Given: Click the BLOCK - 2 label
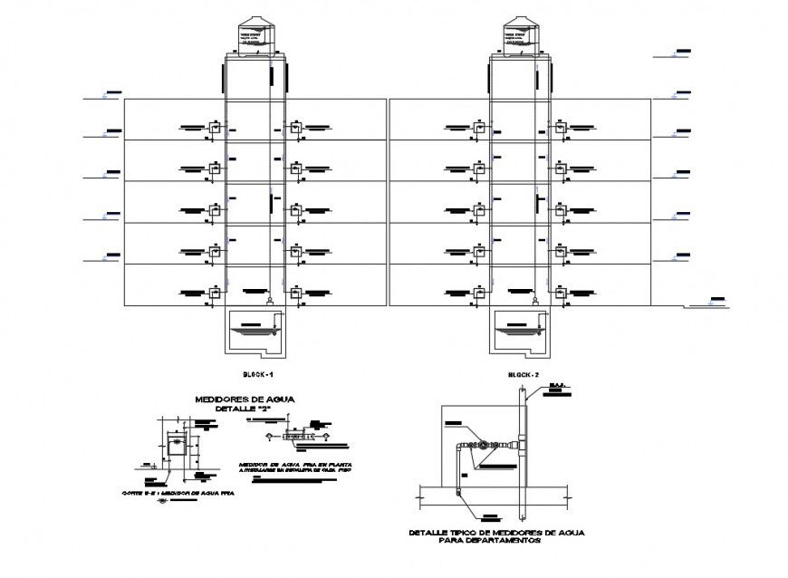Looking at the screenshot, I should [x=523, y=374].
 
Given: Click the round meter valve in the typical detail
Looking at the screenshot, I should [x=485, y=445].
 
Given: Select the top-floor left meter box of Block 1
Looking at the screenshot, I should [x=216, y=128].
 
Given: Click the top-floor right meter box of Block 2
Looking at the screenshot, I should [x=562, y=128].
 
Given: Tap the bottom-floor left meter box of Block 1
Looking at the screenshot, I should [x=216, y=293].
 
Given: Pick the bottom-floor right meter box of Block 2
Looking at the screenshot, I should [x=562, y=293].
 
